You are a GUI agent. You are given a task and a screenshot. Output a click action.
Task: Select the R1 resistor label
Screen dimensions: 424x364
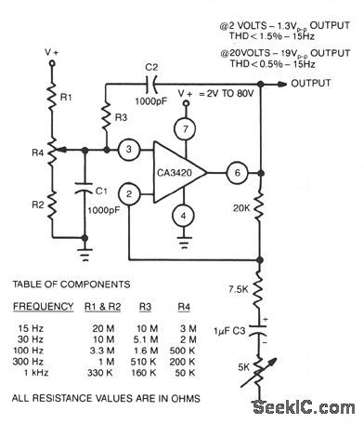click(66, 97)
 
